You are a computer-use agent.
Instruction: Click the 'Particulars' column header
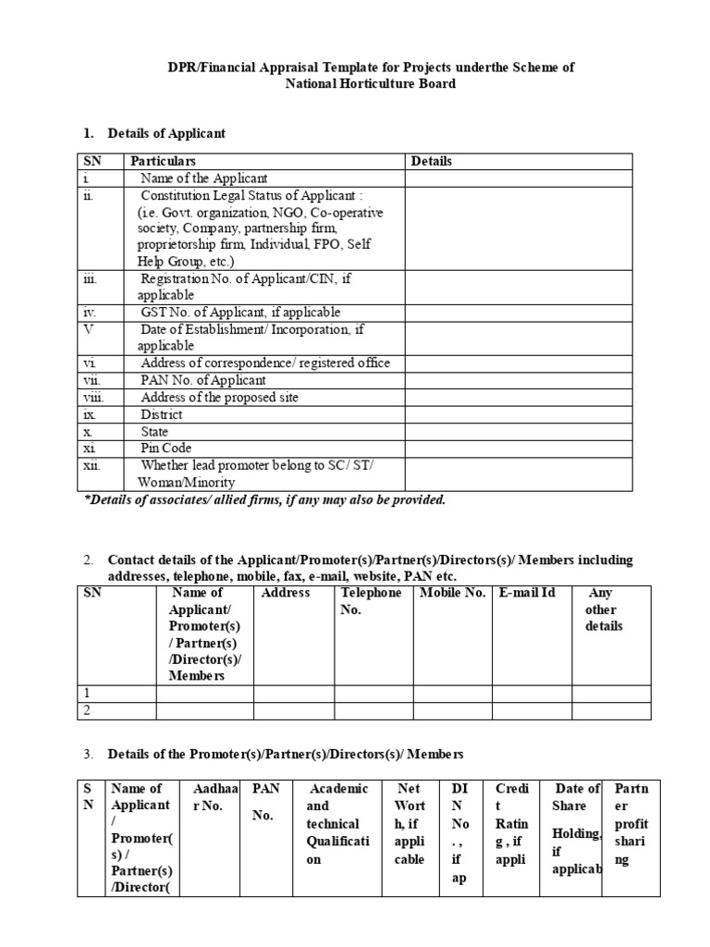pos(163,161)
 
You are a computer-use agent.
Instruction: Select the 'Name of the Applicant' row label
pos(203,178)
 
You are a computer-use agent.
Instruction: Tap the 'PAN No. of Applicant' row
pos(202,380)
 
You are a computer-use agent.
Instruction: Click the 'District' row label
pos(161,414)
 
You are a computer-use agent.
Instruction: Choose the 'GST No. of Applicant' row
pos(239,313)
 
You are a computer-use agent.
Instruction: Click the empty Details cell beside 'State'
pos(518,431)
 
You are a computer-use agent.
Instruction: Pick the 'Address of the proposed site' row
pos(219,397)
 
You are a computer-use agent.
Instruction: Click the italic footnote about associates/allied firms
pos(264,500)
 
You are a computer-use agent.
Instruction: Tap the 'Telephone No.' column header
pos(371,601)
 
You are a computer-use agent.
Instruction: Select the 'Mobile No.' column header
pos(452,593)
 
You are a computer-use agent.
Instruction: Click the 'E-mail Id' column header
pos(527,593)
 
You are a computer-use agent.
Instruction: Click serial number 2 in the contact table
pos(86,709)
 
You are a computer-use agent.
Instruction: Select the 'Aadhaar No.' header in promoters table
pos(214,797)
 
